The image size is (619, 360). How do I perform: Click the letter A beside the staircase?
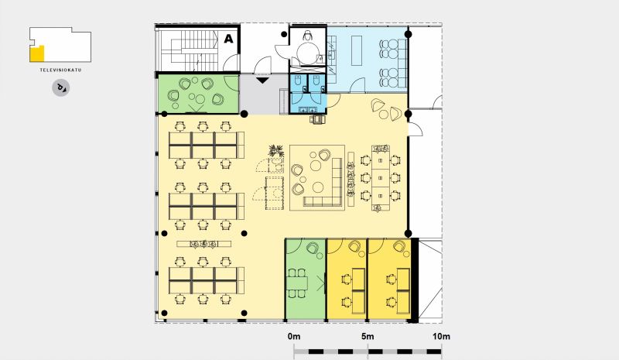[228, 39]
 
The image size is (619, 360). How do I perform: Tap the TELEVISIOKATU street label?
[60, 70]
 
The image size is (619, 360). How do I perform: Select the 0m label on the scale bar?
[294, 337]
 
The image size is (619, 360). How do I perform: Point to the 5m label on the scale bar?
[368, 337]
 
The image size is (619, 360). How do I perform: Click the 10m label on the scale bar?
[441, 337]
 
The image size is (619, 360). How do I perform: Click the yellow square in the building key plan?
[36, 53]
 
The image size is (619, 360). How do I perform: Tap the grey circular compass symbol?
[61, 87]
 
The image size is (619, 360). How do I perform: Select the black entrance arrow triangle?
[262, 81]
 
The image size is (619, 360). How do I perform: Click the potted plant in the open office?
[275, 151]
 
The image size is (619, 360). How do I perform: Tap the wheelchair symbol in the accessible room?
[308, 36]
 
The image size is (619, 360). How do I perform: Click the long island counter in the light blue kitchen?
[357, 50]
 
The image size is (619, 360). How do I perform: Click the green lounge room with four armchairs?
[199, 94]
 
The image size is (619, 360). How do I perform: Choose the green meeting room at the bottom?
[305, 279]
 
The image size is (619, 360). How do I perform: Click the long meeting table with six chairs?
[381, 178]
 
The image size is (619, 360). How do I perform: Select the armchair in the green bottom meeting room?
[313, 249]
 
